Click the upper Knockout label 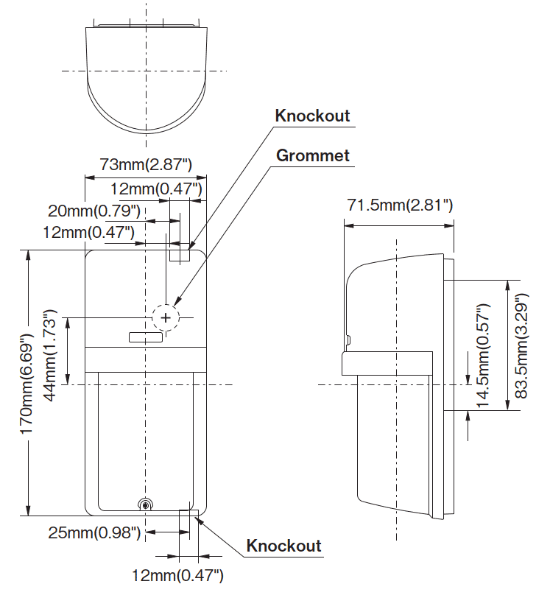[x=312, y=116]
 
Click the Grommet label [x=312, y=155]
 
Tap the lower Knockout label [x=283, y=546]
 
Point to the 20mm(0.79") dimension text [x=94, y=211]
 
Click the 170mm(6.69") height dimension [x=27, y=383]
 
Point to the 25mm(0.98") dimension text [x=94, y=532]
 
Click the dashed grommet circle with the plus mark [x=166, y=317]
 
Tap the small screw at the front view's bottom [x=146, y=504]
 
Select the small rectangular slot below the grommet [x=145, y=337]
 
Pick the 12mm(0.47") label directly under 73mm [x=155, y=189]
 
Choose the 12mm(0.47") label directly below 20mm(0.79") [x=88, y=233]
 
